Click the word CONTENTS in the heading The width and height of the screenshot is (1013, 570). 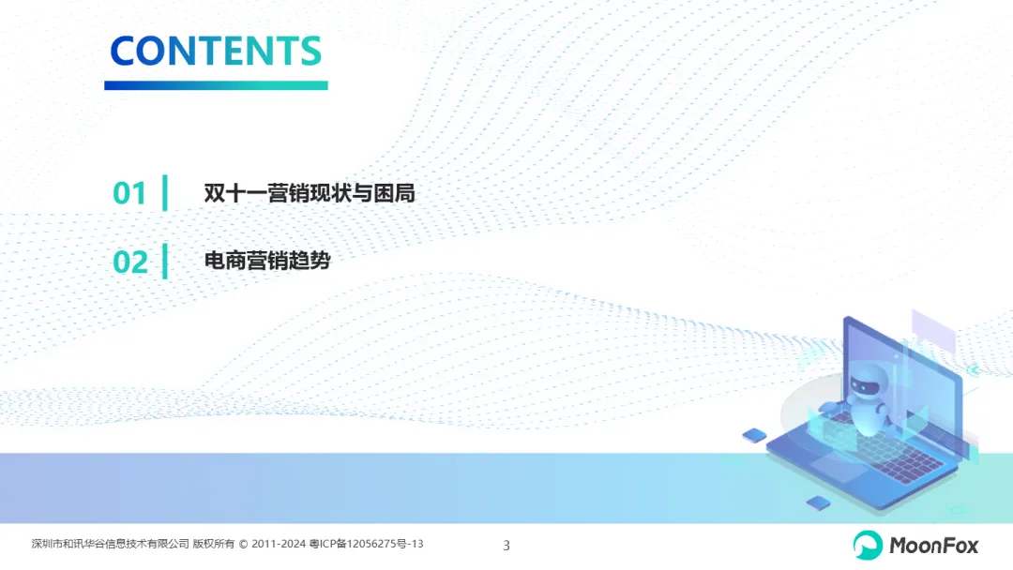tap(216, 51)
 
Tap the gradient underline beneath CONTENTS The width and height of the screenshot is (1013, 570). tap(216, 85)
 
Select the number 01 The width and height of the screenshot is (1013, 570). tap(129, 193)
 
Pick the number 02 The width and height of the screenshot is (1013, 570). tap(129, 262)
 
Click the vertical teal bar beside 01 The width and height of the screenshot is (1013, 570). tap(165, 192)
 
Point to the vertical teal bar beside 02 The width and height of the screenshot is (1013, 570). tap(165, 261)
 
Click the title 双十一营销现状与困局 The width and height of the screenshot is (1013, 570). tap(310, 192)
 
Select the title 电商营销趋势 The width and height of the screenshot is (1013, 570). tap(267, 260)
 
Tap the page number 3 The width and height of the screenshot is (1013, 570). tap(506, 546)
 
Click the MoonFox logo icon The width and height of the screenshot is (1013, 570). tap(867, 545)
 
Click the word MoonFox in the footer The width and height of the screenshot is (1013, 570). tap(933, 546)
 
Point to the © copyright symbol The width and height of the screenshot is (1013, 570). tap(244, 544)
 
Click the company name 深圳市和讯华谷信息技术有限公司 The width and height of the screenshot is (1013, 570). tap(111, 544)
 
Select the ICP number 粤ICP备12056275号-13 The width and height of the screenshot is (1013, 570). tap(367, 544)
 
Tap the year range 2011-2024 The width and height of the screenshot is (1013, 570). tap(279, 544)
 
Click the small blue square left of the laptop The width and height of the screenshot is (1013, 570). tap(754, 435)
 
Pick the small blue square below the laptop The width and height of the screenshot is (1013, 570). tap(819, 502)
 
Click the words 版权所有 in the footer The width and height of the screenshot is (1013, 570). tap(214, 544)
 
